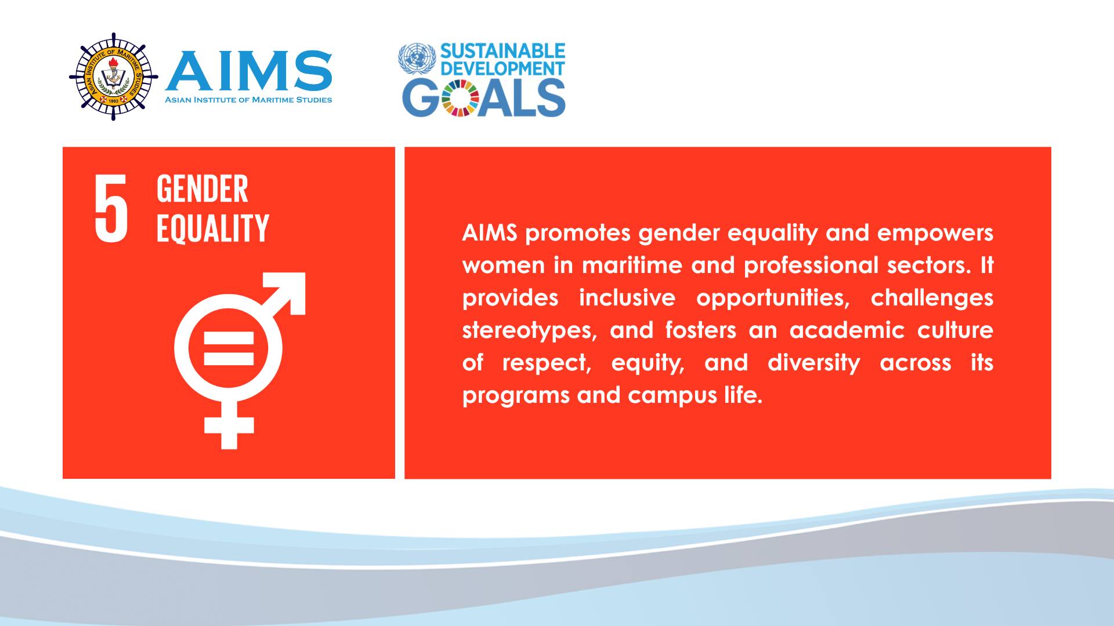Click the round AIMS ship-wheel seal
pyautogui.click(x=114, y=77)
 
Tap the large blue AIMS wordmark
pyautogui.click(x=249, y=71)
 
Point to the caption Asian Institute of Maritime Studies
pyautogui.click(x=248, y=100)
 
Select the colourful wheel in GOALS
pyautogui.click(x=460, y=98)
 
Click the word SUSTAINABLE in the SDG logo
pyautogui.click(x=502, y=51)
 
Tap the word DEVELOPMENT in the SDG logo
pyautogui.click(x=502, y=68)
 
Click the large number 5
pyautogui.click(x=111, y=208)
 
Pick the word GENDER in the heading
pyautogui.click(x=202, y=189)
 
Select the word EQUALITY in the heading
pyautogui.click(x=213, y=228)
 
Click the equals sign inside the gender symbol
pyautogui.click(x=229, y=348)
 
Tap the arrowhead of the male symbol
pyautogui.click(x=285, y=293)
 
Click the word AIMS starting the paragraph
pyautogui.click(x=490, y=233)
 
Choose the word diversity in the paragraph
pyautogui.click(x=813, y=363)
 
